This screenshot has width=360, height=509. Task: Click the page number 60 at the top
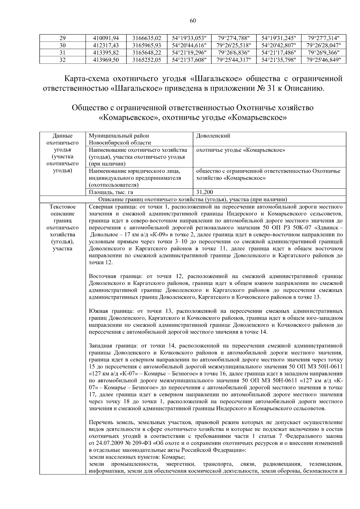tap(193, 21)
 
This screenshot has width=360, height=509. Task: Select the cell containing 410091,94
tap(106, 38)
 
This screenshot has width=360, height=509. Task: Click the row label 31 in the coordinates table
tap(62, 52)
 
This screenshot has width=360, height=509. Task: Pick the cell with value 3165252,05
tap(147, 60)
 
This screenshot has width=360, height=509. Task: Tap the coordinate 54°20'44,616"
tap(189, 45)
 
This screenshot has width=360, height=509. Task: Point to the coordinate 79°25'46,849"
tap(324, 60)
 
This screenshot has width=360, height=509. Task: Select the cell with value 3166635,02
tap(147, 38)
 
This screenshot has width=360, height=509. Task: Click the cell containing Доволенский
tap(213, 136)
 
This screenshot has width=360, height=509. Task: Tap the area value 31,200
tap(205, 192)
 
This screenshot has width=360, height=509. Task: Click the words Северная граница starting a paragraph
tap(110, 207)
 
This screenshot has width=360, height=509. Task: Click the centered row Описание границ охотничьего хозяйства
tap(193, 199)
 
